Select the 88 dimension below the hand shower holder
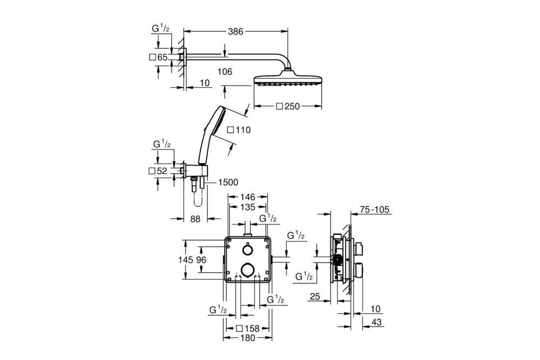(x=195, y=219)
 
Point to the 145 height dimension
(x=185, y=260)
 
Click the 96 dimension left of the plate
(x=201, y=260)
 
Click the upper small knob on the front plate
(x=247, y=250)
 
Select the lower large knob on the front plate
(x=247, y=269)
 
